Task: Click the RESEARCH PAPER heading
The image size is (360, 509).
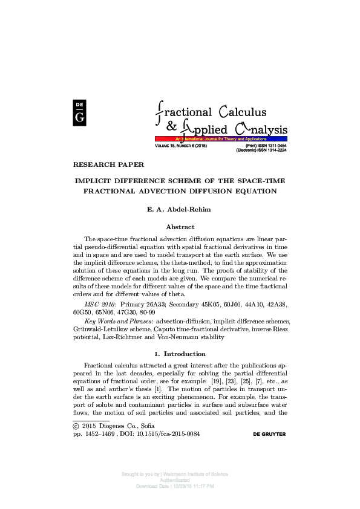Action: [108, 164]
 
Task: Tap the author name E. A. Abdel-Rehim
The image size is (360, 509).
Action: [180, 211]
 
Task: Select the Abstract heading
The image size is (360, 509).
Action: [180, 227]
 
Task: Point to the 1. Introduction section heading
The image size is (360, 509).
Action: [180, 354]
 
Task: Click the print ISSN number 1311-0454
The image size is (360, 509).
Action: [274, 146]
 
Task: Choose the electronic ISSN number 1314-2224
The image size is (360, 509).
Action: [274, 151]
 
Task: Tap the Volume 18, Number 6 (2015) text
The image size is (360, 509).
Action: [181, 146]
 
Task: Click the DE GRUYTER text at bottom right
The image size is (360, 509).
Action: [260, 434]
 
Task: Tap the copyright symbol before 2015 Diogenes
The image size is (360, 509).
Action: [76, 426]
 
